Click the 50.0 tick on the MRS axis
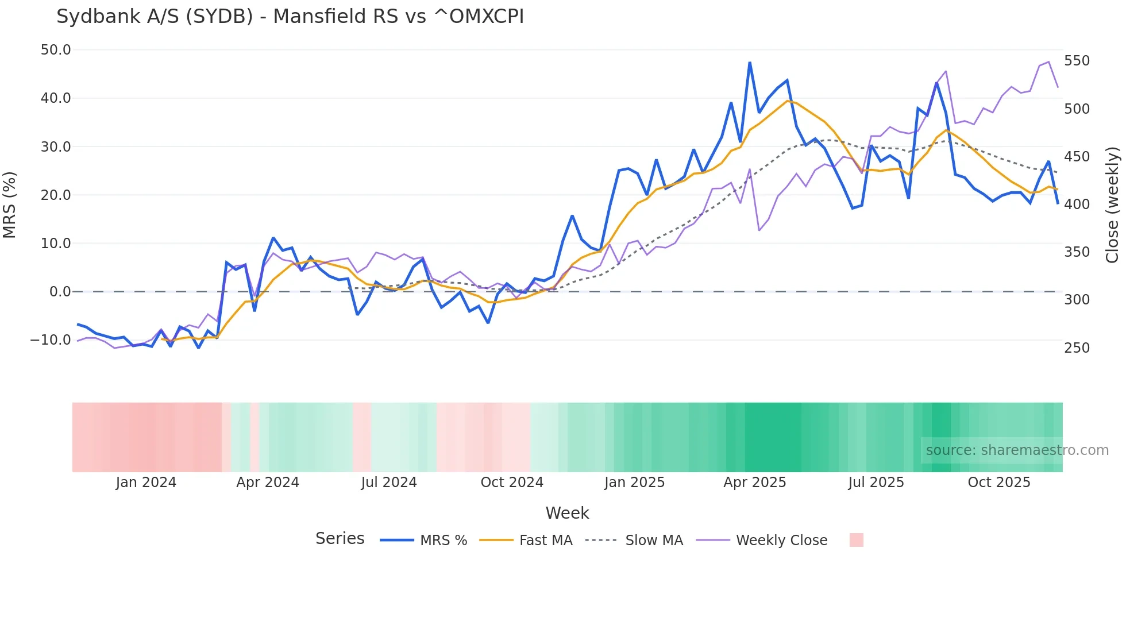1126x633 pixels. click(x=56, y=50)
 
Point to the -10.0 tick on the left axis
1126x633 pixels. click(x=51, y=339)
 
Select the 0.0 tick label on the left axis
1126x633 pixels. click(x=60, y=292)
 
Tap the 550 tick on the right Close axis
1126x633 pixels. click(x=1077, y=61)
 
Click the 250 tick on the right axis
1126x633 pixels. click(x=1077, y=348)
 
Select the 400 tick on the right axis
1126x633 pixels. click(x=1077, y=204)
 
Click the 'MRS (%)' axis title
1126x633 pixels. click(x=10, y=204)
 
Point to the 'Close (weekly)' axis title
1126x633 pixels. click(x=1112, y=204)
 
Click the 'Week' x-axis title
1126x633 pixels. click(x=567, y=513)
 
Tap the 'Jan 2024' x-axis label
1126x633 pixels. click(x=146, y=483)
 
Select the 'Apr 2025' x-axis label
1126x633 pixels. click(x=754, y=483)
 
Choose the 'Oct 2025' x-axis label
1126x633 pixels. click(x=999, y=483)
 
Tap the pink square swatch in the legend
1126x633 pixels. click(x=856, y=540)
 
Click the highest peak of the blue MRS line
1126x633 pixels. click(x=750, y=63)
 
